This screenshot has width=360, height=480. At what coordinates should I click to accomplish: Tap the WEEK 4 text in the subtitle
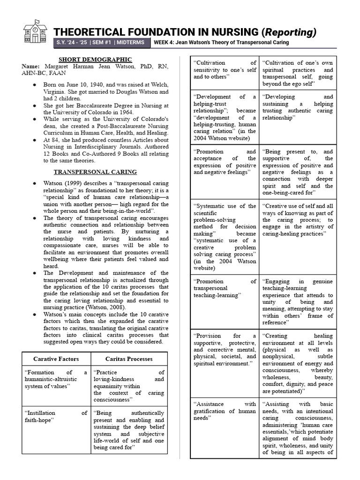pos(166,43)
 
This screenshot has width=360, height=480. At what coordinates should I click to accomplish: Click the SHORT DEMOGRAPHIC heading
pos(95,60)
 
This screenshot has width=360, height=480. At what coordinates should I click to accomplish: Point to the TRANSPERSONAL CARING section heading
pos(95,172)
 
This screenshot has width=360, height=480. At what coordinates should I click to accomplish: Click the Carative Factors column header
pos(56,359)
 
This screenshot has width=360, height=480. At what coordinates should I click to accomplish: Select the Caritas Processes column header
pos(129,359)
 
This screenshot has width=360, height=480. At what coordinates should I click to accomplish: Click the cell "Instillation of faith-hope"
pos(56,416)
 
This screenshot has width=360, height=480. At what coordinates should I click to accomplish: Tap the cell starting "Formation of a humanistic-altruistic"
pos(56,379)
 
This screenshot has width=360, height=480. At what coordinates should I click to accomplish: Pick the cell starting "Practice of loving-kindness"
pos(129,386)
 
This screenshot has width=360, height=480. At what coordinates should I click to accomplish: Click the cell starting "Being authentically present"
pos(129,430)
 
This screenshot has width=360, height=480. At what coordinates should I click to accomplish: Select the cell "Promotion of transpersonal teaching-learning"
pos(225,288)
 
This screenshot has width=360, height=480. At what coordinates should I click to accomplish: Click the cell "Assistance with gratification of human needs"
pos(225,411)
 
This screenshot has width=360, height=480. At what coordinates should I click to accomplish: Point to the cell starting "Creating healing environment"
pos(298,363)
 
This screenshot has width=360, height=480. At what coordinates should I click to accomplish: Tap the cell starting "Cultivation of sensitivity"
pos(225,69)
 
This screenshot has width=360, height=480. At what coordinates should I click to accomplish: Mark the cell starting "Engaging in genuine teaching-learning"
pos(298,302)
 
